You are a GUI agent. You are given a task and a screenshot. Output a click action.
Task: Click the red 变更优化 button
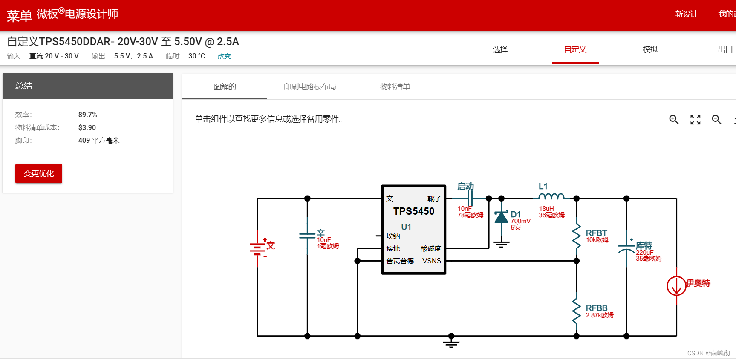pyautogui.click(x=39, y=173)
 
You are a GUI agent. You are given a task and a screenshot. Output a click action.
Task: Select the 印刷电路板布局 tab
pyautogui.click(x=310, y=87)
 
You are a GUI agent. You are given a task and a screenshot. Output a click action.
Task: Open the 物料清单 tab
pyautogui.click(x=395, y=87)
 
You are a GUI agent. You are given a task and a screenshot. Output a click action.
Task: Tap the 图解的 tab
pyautogui.click(x=225, y=87)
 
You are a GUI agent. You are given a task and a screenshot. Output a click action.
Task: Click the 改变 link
pyautogui.click(x=224, y=56)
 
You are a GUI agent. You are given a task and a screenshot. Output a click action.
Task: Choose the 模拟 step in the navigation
pyautogui.click(x=650, y=49)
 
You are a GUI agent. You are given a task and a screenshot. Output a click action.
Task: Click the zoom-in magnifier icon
pyautogui.click(x=674, y=120)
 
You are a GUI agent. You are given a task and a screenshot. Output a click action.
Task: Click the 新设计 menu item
pyautogui.click(x=686, y=14)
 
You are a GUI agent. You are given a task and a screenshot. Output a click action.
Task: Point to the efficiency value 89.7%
pyautogui.click(x=88, y=115)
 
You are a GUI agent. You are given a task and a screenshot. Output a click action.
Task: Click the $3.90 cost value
pyautogui.click(x=87, y=128)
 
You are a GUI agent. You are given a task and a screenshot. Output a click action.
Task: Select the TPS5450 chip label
pyautogui.click(x=414, y=211)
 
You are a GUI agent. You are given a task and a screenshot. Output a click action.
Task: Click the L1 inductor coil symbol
pyautogui.click(x=551, y=196)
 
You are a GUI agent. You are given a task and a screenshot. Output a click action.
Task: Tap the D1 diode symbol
pyautogui.click(x=501, y=217)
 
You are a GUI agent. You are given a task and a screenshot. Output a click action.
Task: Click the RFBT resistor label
pyautogui.click(x=596, y=233)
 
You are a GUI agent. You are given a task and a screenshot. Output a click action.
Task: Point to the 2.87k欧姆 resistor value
pyautogui.click(x=600, y=315)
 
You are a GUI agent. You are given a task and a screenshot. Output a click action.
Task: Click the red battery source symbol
pyautogui.click(x=257, y=248)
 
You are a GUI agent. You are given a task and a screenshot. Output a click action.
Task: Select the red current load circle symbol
pyautogui.click(x=676, y=286)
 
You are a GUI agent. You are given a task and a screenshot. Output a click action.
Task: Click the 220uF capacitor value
pyautogui.click(x=644, y=253)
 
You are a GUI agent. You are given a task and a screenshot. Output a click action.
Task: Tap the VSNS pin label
pyautogui.click(x=432, y=261)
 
